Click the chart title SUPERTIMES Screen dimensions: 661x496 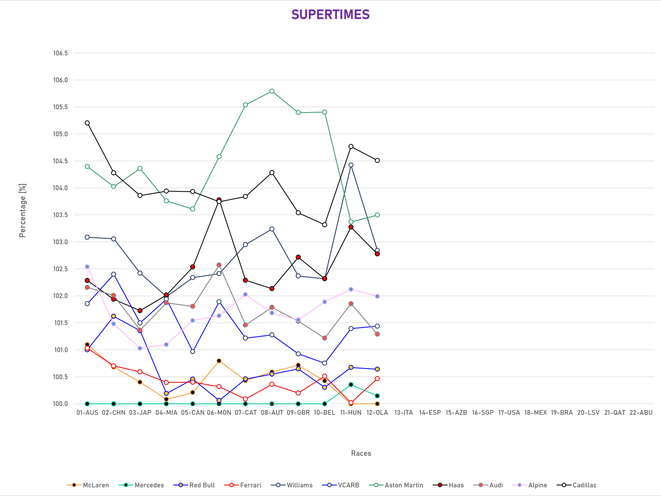(x=330, y=14)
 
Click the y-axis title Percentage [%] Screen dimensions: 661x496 (x=22, y=211)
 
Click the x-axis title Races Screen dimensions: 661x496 (x=361, y=453)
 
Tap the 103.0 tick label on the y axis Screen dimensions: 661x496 (x=60, y=242)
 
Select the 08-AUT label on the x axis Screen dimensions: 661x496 (x=272, y=412)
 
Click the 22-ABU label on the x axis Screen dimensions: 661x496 (x=641, y=412)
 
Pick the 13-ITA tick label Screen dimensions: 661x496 (x=404, y=412)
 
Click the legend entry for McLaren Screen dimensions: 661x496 (x=88, y=485)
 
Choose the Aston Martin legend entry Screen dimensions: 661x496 (x=396, y=485)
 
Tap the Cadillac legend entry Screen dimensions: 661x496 (x=576, y=485)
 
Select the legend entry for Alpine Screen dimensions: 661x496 (x=530, y=485)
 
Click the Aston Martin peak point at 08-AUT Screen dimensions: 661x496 (x=272, y=91)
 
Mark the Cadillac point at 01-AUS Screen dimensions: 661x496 (x=87, y=123)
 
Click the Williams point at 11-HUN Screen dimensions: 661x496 (x=351, y=165)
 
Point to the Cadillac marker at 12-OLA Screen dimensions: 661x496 (x=377, y=161)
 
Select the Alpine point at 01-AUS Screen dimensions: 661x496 (x=87, y=267)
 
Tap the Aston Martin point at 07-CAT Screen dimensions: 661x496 (x=245, y=105)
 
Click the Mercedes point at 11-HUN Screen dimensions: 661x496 (x=351, y=384)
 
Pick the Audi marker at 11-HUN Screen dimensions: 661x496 (x=351, y=304)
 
